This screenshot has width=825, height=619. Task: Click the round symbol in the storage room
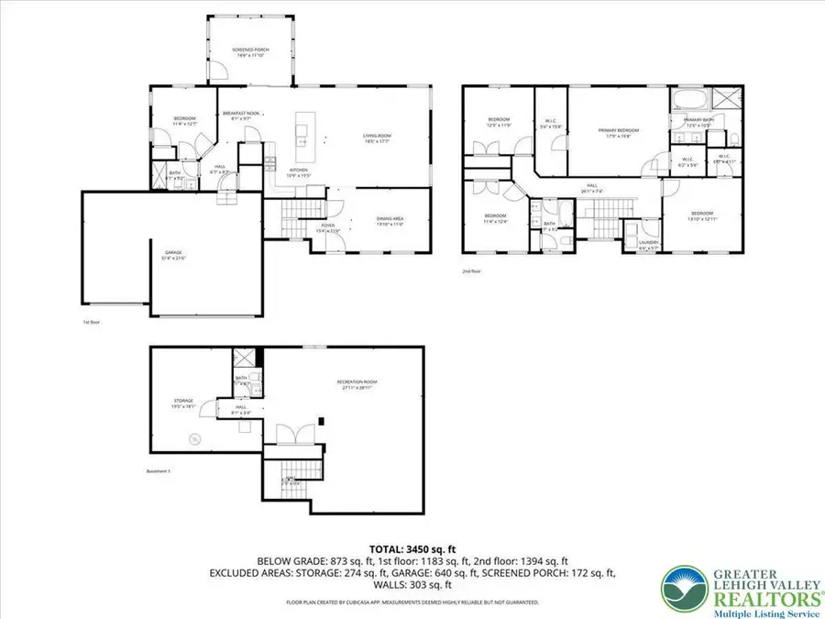click(x=194, y=439)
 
